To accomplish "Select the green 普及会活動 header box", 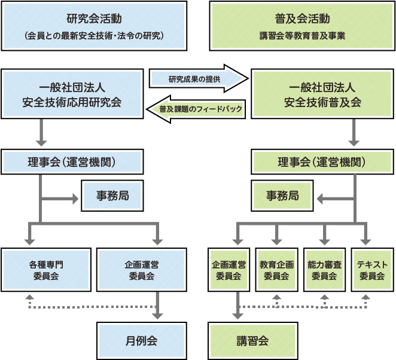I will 301,26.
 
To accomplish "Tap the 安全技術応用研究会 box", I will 72,93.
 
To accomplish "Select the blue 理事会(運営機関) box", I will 72,162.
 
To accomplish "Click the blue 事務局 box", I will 112,196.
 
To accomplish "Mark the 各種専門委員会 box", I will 46,270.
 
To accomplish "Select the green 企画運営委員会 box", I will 229,270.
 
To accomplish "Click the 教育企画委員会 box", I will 276,270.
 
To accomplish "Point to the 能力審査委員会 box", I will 324,270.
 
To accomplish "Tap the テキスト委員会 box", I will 372,270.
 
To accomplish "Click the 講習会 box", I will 252,341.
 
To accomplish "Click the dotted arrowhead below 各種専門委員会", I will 31,297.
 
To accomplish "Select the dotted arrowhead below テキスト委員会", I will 366,297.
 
